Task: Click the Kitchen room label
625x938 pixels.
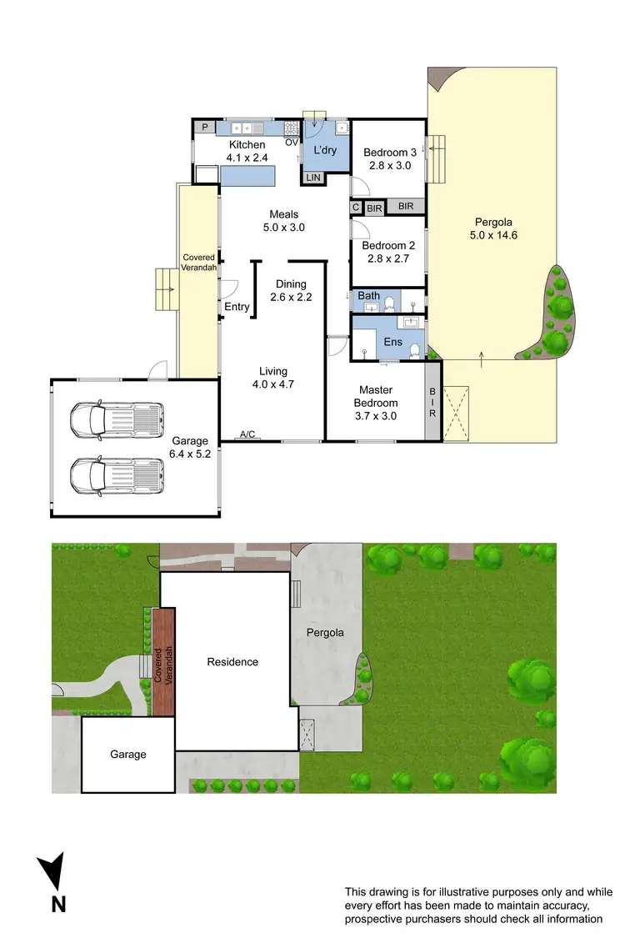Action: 247,145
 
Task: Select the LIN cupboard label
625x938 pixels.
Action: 313,178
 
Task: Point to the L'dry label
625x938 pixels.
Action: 325,150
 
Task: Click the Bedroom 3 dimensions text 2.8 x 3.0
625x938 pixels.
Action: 390,165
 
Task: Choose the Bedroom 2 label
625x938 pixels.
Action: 389,245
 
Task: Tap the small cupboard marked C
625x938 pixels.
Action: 356,207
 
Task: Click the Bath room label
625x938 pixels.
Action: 368,296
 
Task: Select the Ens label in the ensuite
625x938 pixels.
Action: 393,342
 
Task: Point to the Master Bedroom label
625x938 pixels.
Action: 376,397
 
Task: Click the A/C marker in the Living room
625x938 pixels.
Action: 247,434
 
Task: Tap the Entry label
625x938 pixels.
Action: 237,307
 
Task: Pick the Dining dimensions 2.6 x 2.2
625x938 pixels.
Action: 291,296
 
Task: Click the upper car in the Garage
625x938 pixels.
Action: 116,419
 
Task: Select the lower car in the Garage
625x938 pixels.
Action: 116,476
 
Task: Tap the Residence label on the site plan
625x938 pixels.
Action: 232,662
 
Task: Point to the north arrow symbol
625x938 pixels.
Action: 52,875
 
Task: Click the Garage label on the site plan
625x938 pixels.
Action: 128,755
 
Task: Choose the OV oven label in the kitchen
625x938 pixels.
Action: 292,142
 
